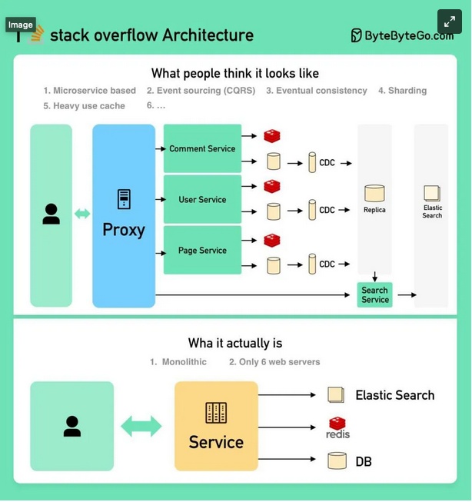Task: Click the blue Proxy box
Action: pos(124,216)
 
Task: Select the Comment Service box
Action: pos(202,148)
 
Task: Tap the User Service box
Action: pos(202,199)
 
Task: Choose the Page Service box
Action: pos(202,250)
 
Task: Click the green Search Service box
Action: pos(374,295)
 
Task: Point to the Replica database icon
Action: pos(374,193)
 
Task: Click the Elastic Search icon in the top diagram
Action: pos(432,194)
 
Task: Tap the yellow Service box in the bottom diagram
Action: pos(216,426)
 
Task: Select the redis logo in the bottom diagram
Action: pos(337,427)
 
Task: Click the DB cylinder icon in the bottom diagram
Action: pos(337,461)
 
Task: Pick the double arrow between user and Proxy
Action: pos(82,214)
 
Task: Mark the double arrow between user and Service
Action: pos(141,427)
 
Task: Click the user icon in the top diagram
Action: pos(52,214)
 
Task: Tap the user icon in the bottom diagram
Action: pos(72,426)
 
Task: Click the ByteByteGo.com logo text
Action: pos(401,35)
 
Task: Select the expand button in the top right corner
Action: pos(450,22)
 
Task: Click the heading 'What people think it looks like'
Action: pos(235,74)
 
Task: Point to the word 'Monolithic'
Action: pos(184,361)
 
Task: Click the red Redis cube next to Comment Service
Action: pos(272,136)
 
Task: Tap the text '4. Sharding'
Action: pos(402,91)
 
